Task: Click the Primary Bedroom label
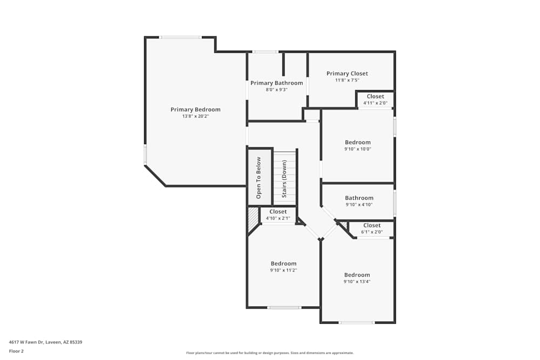195,110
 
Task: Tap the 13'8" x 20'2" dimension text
195,116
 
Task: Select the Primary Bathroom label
276,83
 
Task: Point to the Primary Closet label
347,73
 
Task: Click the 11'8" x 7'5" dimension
347,80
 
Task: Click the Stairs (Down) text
284,178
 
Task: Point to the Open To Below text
259,178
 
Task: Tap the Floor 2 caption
16,351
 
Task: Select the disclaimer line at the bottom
270,353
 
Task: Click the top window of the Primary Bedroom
180,37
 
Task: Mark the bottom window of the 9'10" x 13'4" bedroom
356,323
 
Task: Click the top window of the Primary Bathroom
265,52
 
